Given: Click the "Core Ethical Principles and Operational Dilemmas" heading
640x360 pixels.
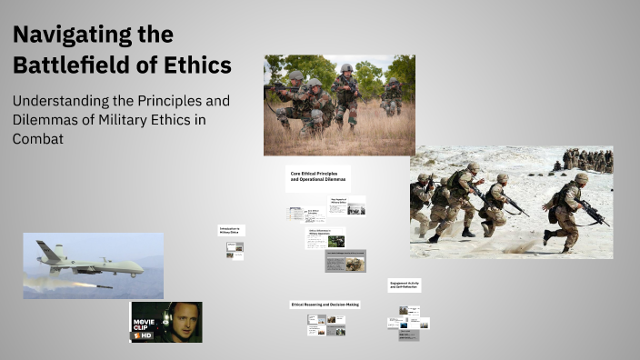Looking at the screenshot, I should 317,176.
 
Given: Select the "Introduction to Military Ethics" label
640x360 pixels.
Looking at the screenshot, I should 231,231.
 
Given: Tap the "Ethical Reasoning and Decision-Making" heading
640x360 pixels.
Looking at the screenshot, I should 325,304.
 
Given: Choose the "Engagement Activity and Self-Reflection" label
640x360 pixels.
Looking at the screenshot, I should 404,285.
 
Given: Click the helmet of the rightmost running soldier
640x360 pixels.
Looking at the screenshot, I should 580,179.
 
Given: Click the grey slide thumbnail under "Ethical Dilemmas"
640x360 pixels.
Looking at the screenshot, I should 345,262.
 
